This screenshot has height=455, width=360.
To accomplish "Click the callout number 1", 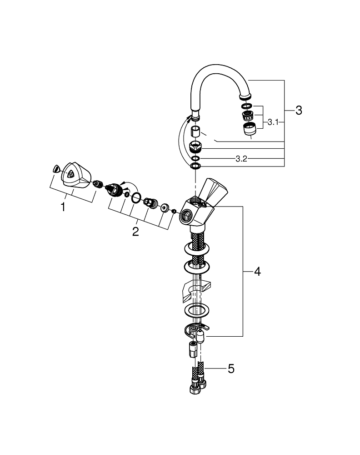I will coord(63,207).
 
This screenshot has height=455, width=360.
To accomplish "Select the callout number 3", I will coord(298,110).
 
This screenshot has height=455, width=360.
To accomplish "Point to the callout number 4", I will coord(257,272).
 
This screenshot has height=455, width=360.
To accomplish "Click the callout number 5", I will coord(231,369).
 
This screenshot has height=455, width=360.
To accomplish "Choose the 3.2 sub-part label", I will coord(241,158).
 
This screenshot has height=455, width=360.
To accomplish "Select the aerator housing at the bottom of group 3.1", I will coord(249,130).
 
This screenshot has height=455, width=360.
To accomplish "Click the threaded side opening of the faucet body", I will coord(186,216).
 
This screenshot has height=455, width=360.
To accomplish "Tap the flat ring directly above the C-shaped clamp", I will coord(196,311).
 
